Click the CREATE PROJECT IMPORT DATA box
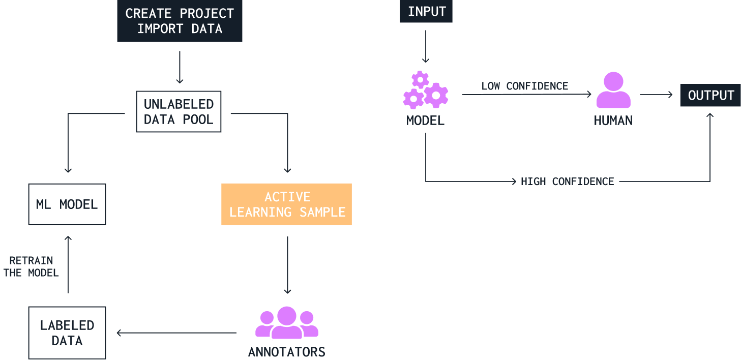click(180, 21)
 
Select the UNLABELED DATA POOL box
click(179, 111)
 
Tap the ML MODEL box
click(67, 204)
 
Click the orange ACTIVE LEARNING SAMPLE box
click(287, 204)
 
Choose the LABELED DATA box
click(67, 333)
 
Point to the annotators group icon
click(287, 323)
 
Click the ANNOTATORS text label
click(287, 352)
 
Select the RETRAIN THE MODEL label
click(32, 267)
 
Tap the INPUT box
click(427, 12)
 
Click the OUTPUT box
click(710, 96)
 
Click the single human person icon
click(613, 91)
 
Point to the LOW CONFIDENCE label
click(525, 86)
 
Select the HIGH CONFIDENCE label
click(568, 182)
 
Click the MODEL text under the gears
click(426, 121)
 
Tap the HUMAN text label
click(613, 121)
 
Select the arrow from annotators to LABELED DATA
click(177, 334)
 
